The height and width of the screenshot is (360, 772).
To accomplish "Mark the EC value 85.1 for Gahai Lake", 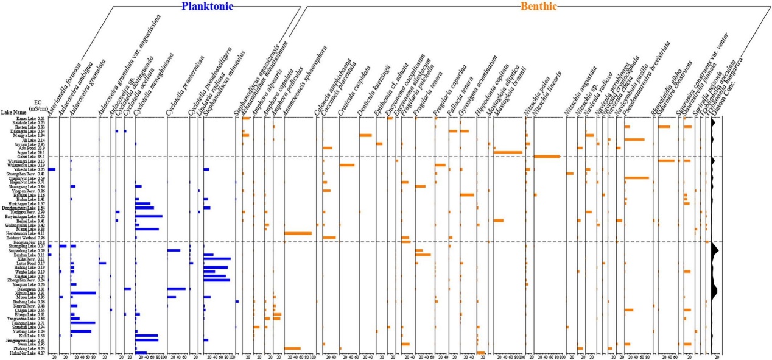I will click(40, 157).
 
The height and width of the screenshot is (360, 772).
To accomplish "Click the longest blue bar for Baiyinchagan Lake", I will click(149, 216).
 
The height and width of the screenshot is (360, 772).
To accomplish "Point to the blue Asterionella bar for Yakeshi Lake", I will click(52, 169).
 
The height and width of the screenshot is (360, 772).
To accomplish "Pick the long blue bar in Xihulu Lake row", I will click(83, 293).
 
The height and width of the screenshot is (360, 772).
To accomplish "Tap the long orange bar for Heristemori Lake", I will click(298, 233).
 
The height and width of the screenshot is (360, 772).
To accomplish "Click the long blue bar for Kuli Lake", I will click(147, 336).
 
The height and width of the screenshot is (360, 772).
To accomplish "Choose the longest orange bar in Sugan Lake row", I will click(508, 152).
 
